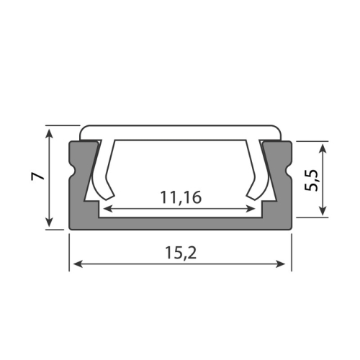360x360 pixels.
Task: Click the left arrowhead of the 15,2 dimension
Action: coord(74,265)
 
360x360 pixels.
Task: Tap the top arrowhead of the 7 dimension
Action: coord(49,130)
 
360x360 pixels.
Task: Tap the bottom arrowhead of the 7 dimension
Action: coord(49,225)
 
